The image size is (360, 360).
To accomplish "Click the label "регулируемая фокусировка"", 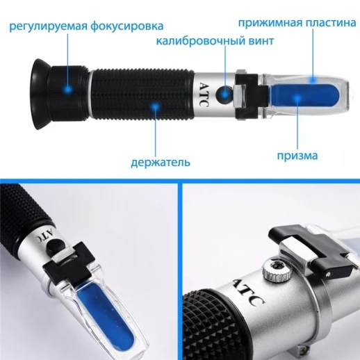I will tap(86, 26).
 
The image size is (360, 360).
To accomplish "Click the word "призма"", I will tap(301, 155).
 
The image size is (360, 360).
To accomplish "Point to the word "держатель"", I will tap(161, 164).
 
